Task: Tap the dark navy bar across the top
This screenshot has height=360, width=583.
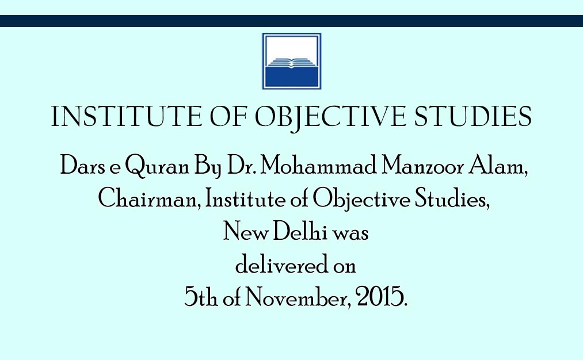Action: (x=291, y=21)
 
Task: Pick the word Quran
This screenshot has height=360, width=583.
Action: (x=157, y=166)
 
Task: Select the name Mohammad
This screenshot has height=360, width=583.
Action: (x=318, y=165)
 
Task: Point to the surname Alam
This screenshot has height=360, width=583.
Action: (x=497, y=165)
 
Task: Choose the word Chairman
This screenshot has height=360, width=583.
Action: (x=149, y=198)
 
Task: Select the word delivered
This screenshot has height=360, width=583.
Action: (x=282, y=264)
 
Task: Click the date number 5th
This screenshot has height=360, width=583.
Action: (x=201, y=297)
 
